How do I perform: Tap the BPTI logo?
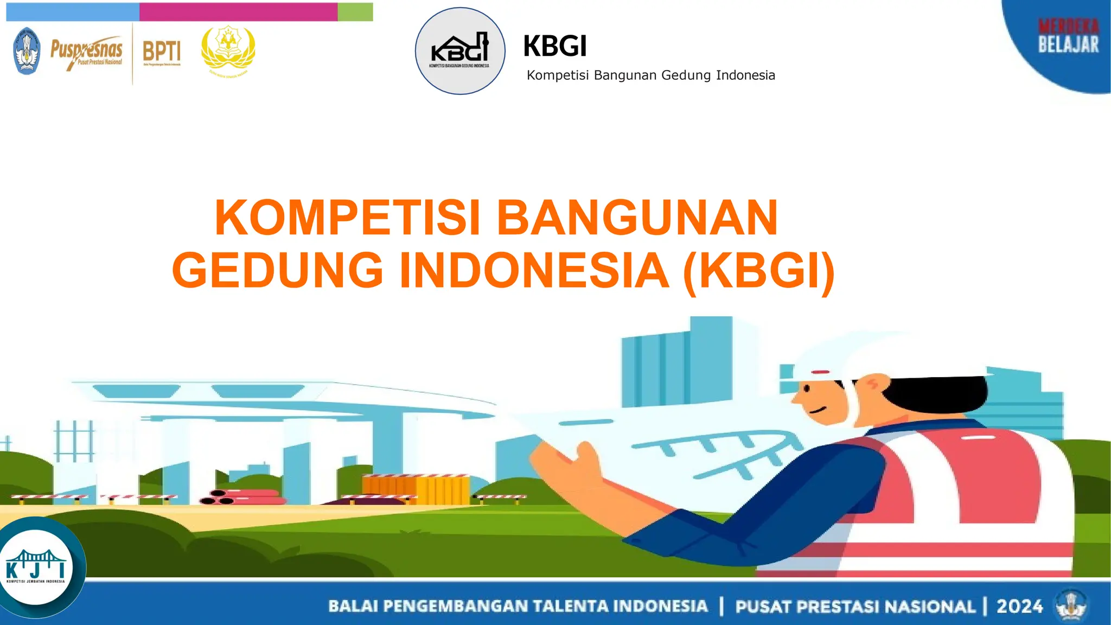pos(162,52)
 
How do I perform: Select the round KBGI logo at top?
pos(460,51)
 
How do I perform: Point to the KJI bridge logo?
pos(36,567)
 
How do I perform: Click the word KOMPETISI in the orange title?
pos(348,218)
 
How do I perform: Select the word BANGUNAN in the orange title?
pos(637,218)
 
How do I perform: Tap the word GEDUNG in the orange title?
pos(278,270)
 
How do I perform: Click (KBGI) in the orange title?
pos(758,270)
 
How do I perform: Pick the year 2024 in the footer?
pos(1019,606)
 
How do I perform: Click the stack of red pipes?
pos(241,496)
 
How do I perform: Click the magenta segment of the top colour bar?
pos(238,12)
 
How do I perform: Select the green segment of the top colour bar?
pos(355,12)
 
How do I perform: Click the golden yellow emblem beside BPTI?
pos(228,52)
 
